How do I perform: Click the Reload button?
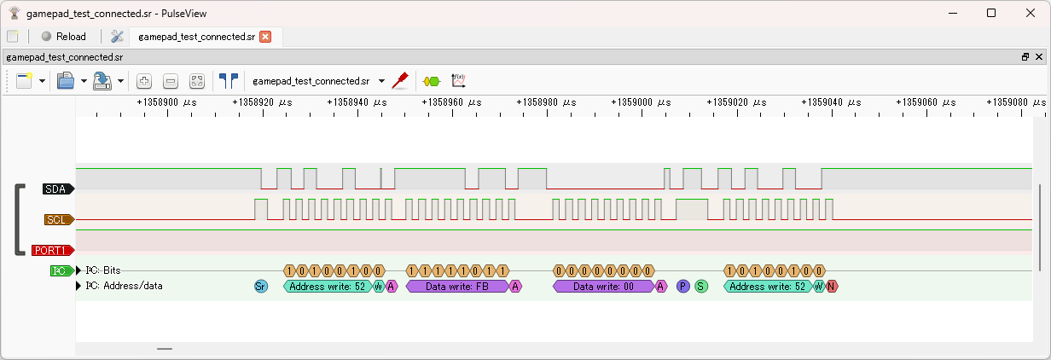pos(63,37)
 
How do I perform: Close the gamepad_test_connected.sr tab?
pos(265,37)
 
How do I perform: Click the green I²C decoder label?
pos(60,270)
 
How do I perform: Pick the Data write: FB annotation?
pos(457,287)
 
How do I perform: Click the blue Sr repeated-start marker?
pos(261,287)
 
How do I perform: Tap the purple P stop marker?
pos(682,287)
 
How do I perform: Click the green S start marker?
pos(701,287)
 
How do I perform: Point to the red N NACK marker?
pos(831,287)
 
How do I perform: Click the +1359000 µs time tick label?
pos(643,102)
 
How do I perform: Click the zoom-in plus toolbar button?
pos(144,81)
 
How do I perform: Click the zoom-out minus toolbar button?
pos(171,81)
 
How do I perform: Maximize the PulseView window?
pos(991,13)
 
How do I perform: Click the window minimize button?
pos(952,13)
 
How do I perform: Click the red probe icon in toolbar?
pos(399,80)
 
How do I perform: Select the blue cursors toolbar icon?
pos(228,81)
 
